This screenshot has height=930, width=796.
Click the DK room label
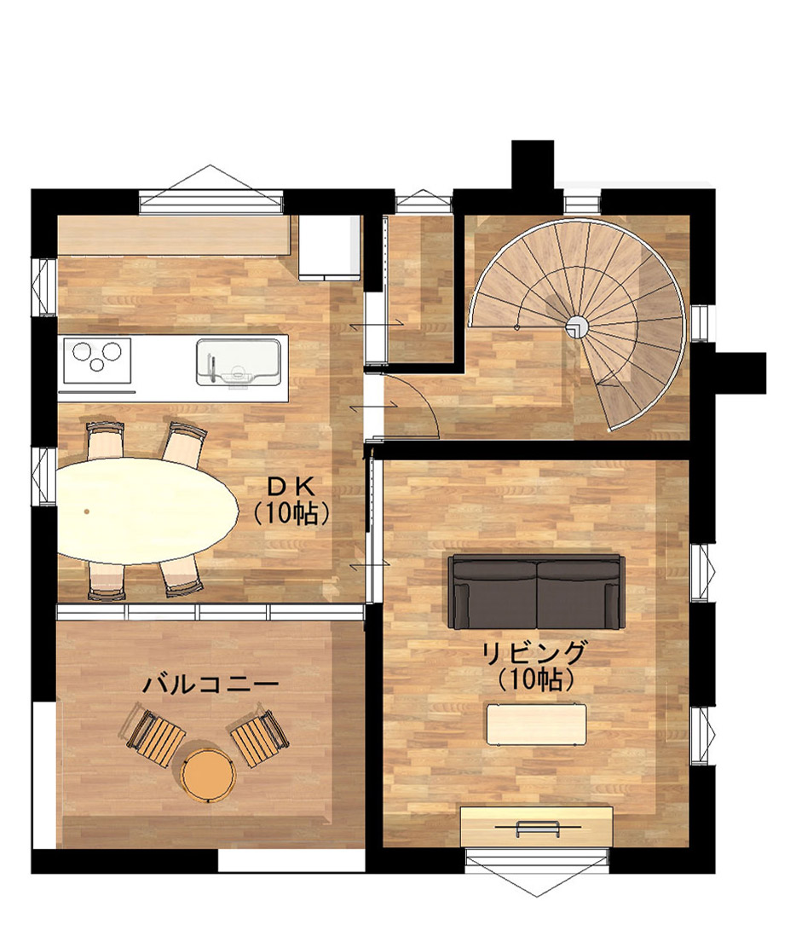[x=290, y=487]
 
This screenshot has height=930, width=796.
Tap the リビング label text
[x=534, y=653]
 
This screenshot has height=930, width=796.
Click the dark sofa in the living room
[x=537, y=592]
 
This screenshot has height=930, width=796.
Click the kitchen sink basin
[x=238, y=361]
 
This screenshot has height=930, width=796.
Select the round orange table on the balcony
[x=208, y=774]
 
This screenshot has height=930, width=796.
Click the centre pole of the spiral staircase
[x=575, y=326]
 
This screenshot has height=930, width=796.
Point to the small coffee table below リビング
[x=537, y=724]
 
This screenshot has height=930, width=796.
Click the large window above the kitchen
[x=211, y=190]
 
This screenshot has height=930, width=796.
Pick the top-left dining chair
[x=106, y=440]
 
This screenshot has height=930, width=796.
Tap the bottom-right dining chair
[x=182, y=576]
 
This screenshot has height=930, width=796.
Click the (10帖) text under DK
[x=291, y=514]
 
